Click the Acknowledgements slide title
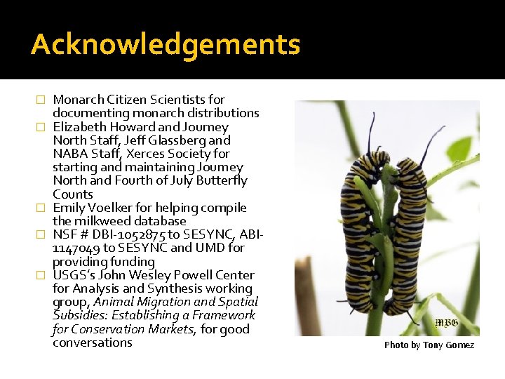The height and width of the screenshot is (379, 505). pos(166,45)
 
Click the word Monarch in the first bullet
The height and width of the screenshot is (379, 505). pos(78,100)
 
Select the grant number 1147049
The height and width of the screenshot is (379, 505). pos(76,248)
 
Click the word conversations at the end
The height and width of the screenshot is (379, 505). pos(93,343)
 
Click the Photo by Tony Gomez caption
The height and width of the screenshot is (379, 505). pos(429,345)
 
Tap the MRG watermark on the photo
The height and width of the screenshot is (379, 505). pos(446,322)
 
